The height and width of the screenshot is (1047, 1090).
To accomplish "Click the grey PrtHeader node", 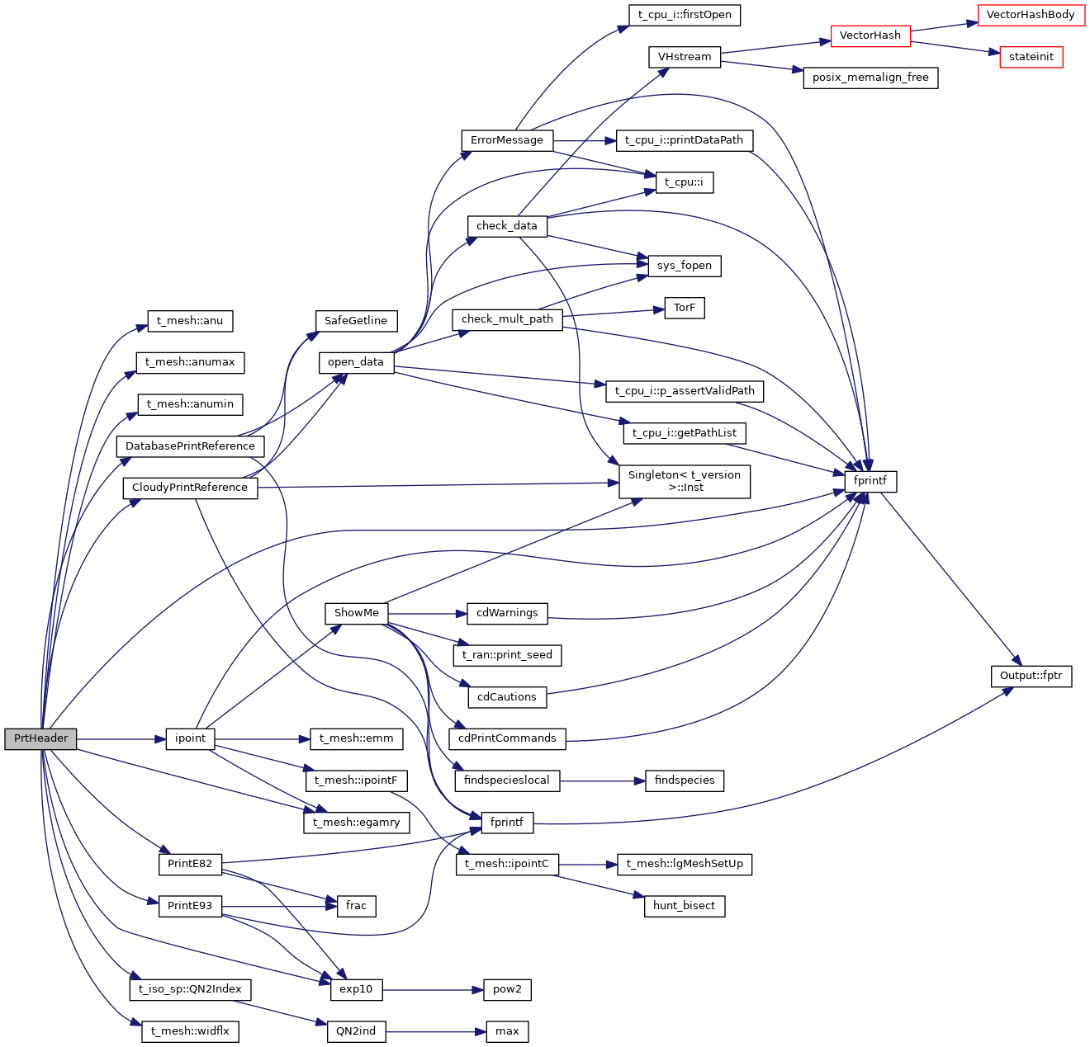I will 40,738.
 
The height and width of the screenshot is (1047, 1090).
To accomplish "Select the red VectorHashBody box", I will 1031,15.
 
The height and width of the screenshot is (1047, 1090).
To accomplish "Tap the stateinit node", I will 1031,57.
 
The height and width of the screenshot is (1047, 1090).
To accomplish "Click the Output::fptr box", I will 1031,676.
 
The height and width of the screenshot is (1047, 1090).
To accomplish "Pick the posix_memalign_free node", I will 870,78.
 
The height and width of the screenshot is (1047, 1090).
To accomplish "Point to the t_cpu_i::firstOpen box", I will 685,15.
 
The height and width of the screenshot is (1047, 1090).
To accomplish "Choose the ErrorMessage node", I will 507,140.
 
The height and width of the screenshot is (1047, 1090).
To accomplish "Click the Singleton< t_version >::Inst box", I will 685,481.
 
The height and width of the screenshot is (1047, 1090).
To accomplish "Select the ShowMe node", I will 356,613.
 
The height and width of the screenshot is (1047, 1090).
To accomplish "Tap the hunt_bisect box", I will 684,906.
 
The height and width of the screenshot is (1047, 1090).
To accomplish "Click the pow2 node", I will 507,989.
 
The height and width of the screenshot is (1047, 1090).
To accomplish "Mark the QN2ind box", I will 356,1031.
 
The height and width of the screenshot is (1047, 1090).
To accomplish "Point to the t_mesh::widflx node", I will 190,1031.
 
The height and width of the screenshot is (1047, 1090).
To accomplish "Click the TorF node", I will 685,308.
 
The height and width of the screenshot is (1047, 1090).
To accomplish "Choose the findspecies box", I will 685,781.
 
